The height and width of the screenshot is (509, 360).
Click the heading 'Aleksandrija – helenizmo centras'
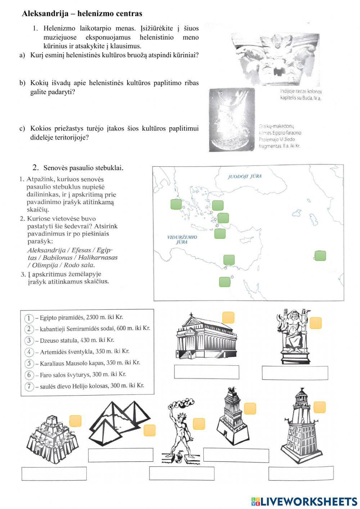pyautogui.click(x=82, y=14)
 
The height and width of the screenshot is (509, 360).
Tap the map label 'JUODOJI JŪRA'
pyautogui.click(x=244, y=177)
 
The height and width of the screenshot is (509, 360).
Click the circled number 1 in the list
pyautogui.click(x=29, y=318)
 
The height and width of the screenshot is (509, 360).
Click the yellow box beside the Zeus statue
pyautogui.click(x=316, y=323)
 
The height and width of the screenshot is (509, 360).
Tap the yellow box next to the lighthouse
pyautogui.click(x=319, y=407)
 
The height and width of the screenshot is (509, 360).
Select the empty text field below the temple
pyautogui.click(x=207, y=372)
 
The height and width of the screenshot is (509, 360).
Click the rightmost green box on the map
pyautogui.click(x=320, y=256)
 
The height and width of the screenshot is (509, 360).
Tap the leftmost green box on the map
pyautogui.click(x=176, y=204)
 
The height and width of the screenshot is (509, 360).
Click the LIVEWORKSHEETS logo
pyautogui.click(x=304, y=501)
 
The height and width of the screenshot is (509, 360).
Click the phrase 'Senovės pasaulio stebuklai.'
pyautogui.click(x=83, y=168)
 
